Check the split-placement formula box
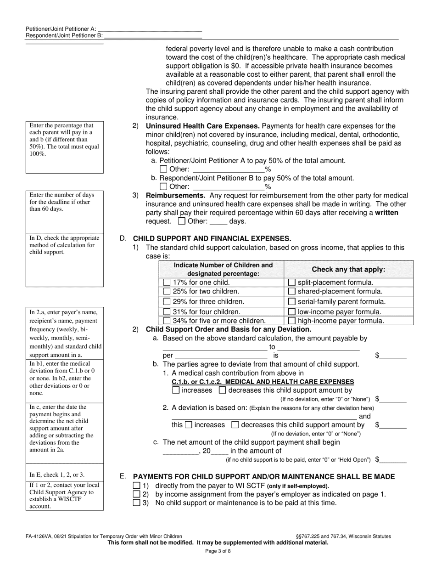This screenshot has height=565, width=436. coord(291,282)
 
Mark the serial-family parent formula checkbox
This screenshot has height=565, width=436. coord(291,302)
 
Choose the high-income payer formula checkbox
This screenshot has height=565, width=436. coord(291,321)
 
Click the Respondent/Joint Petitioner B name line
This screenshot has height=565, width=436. coord(153,35)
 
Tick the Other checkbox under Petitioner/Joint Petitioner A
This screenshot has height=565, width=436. coord(163,169)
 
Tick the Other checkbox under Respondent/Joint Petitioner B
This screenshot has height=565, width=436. coord(163,186)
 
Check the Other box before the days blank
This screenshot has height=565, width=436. coord(181,221)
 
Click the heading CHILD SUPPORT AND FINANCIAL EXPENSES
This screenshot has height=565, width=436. coord(212,238)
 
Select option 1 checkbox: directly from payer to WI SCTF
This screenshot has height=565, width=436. coord(136,486)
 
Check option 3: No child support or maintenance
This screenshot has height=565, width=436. coord(136,503)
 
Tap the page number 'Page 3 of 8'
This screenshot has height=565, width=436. coord(218,551)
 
